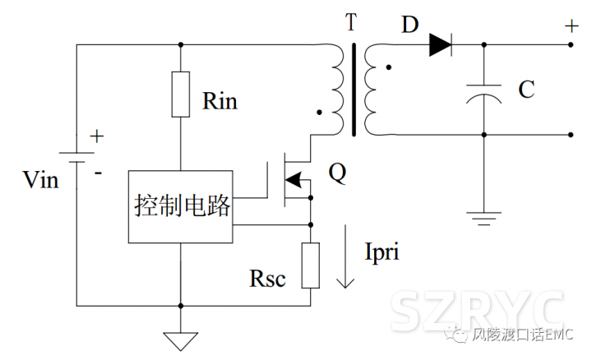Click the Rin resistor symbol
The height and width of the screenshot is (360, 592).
(x=181, y=95)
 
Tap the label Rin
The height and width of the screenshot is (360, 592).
(x=220, y=102)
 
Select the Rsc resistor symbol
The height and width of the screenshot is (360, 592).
(x=310, y=265)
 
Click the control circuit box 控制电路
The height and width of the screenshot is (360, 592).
(x=181, y=206)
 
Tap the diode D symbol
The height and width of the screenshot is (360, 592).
(x=441, y=46)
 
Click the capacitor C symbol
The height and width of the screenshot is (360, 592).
(x=483, y=93)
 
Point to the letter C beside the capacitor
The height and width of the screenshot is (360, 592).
(x=526, y=90)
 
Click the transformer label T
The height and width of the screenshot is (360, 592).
(x=352, y=22)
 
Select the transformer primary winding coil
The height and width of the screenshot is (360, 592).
(x=338, y=89)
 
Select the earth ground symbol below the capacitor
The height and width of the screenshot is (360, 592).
(x=483, y=219)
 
